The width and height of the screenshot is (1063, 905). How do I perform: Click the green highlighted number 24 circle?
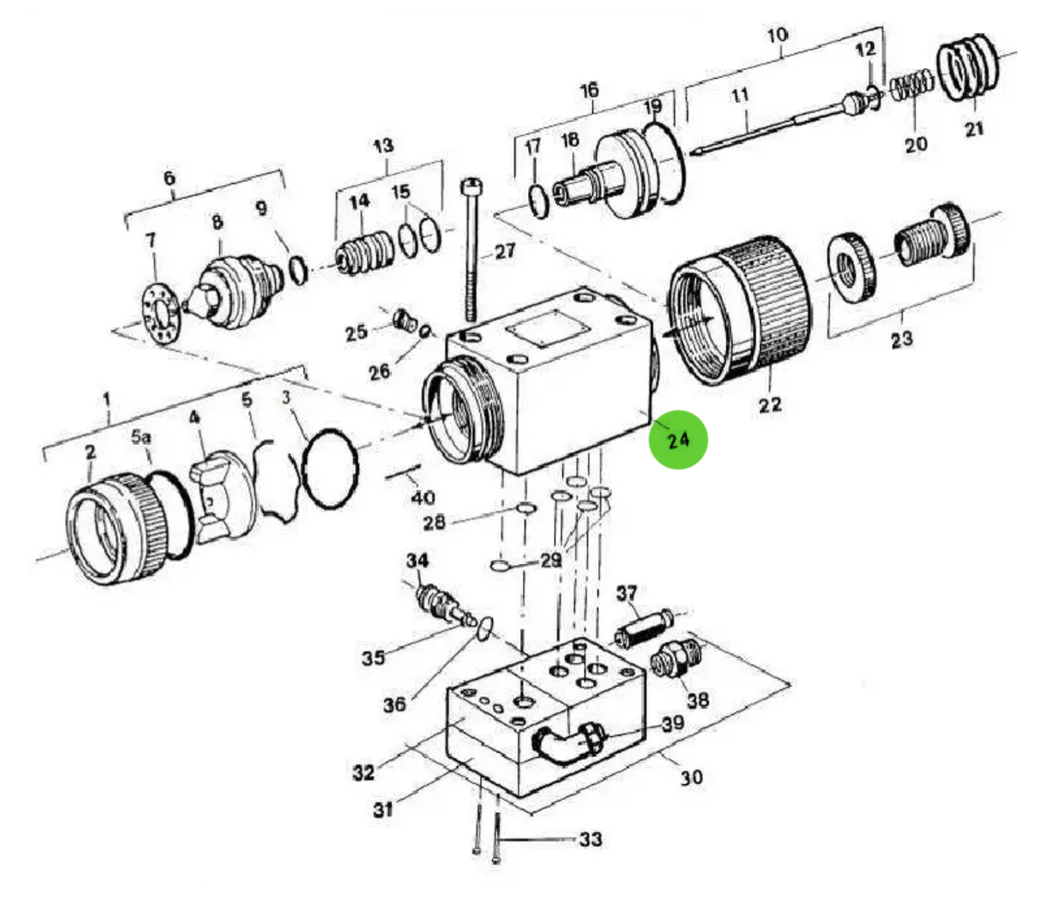point(678,439)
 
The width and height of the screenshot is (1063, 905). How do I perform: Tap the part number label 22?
point(770,405)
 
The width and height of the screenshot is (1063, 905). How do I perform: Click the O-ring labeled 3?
point(329,467)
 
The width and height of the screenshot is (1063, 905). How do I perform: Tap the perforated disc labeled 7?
point(162,311)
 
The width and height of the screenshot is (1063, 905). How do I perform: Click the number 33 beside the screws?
point(591,839)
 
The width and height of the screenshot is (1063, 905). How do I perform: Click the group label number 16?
point(589,89)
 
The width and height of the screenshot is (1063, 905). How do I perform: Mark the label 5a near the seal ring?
point(141,435)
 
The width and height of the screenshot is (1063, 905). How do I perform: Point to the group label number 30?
point(692,776)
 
